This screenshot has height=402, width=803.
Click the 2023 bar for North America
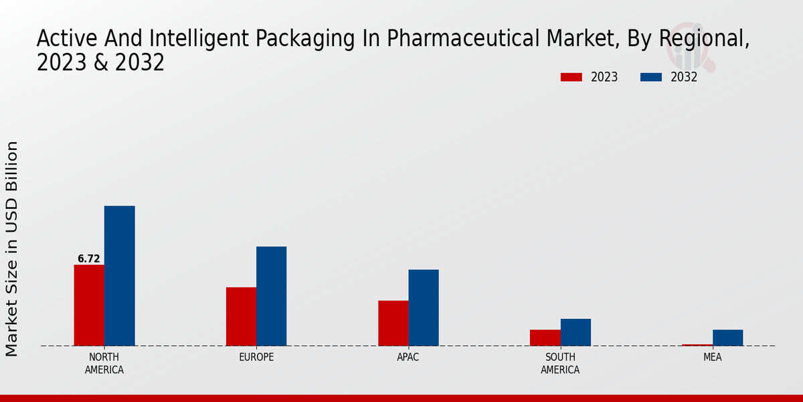pos(89,306)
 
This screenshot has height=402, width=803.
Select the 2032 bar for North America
pos(119,276)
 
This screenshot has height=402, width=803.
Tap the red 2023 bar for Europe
pos(241,316)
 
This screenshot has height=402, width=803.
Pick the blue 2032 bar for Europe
pos(271,296)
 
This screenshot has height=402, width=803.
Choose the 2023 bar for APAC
pos(393,323)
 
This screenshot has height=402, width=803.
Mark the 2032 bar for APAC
pos(424,308)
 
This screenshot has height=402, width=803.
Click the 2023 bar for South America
pos(545,338)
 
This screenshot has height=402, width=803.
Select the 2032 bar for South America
pos(575,332)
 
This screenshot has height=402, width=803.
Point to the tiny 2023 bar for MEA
pos(697,345)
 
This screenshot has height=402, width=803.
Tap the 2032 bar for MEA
pos(727,338)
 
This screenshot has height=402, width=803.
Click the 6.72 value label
pos(89,259)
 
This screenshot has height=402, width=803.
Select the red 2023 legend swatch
pos(571,77)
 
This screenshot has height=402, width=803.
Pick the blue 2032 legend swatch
pos(651,77)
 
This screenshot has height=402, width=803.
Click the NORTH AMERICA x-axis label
pos(104,363)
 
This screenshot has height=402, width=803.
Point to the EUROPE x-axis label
pos(256,357)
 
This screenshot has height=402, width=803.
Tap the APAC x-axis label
pos(408,357)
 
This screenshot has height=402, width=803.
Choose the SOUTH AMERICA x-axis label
pos(560,363)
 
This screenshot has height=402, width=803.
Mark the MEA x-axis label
pos(712,357)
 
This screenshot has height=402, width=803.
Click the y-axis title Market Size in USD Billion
pos(12,248)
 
